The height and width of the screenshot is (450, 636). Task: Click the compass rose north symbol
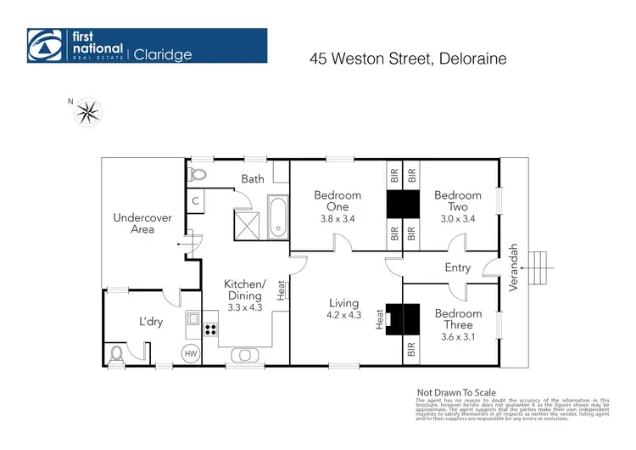88,111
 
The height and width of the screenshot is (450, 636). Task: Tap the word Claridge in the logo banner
162,54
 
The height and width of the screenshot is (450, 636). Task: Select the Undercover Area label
142,223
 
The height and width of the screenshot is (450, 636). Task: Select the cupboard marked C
195,201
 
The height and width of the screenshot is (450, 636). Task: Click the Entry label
457,268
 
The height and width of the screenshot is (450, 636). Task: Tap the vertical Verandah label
512,268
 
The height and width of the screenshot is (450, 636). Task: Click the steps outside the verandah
540,268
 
